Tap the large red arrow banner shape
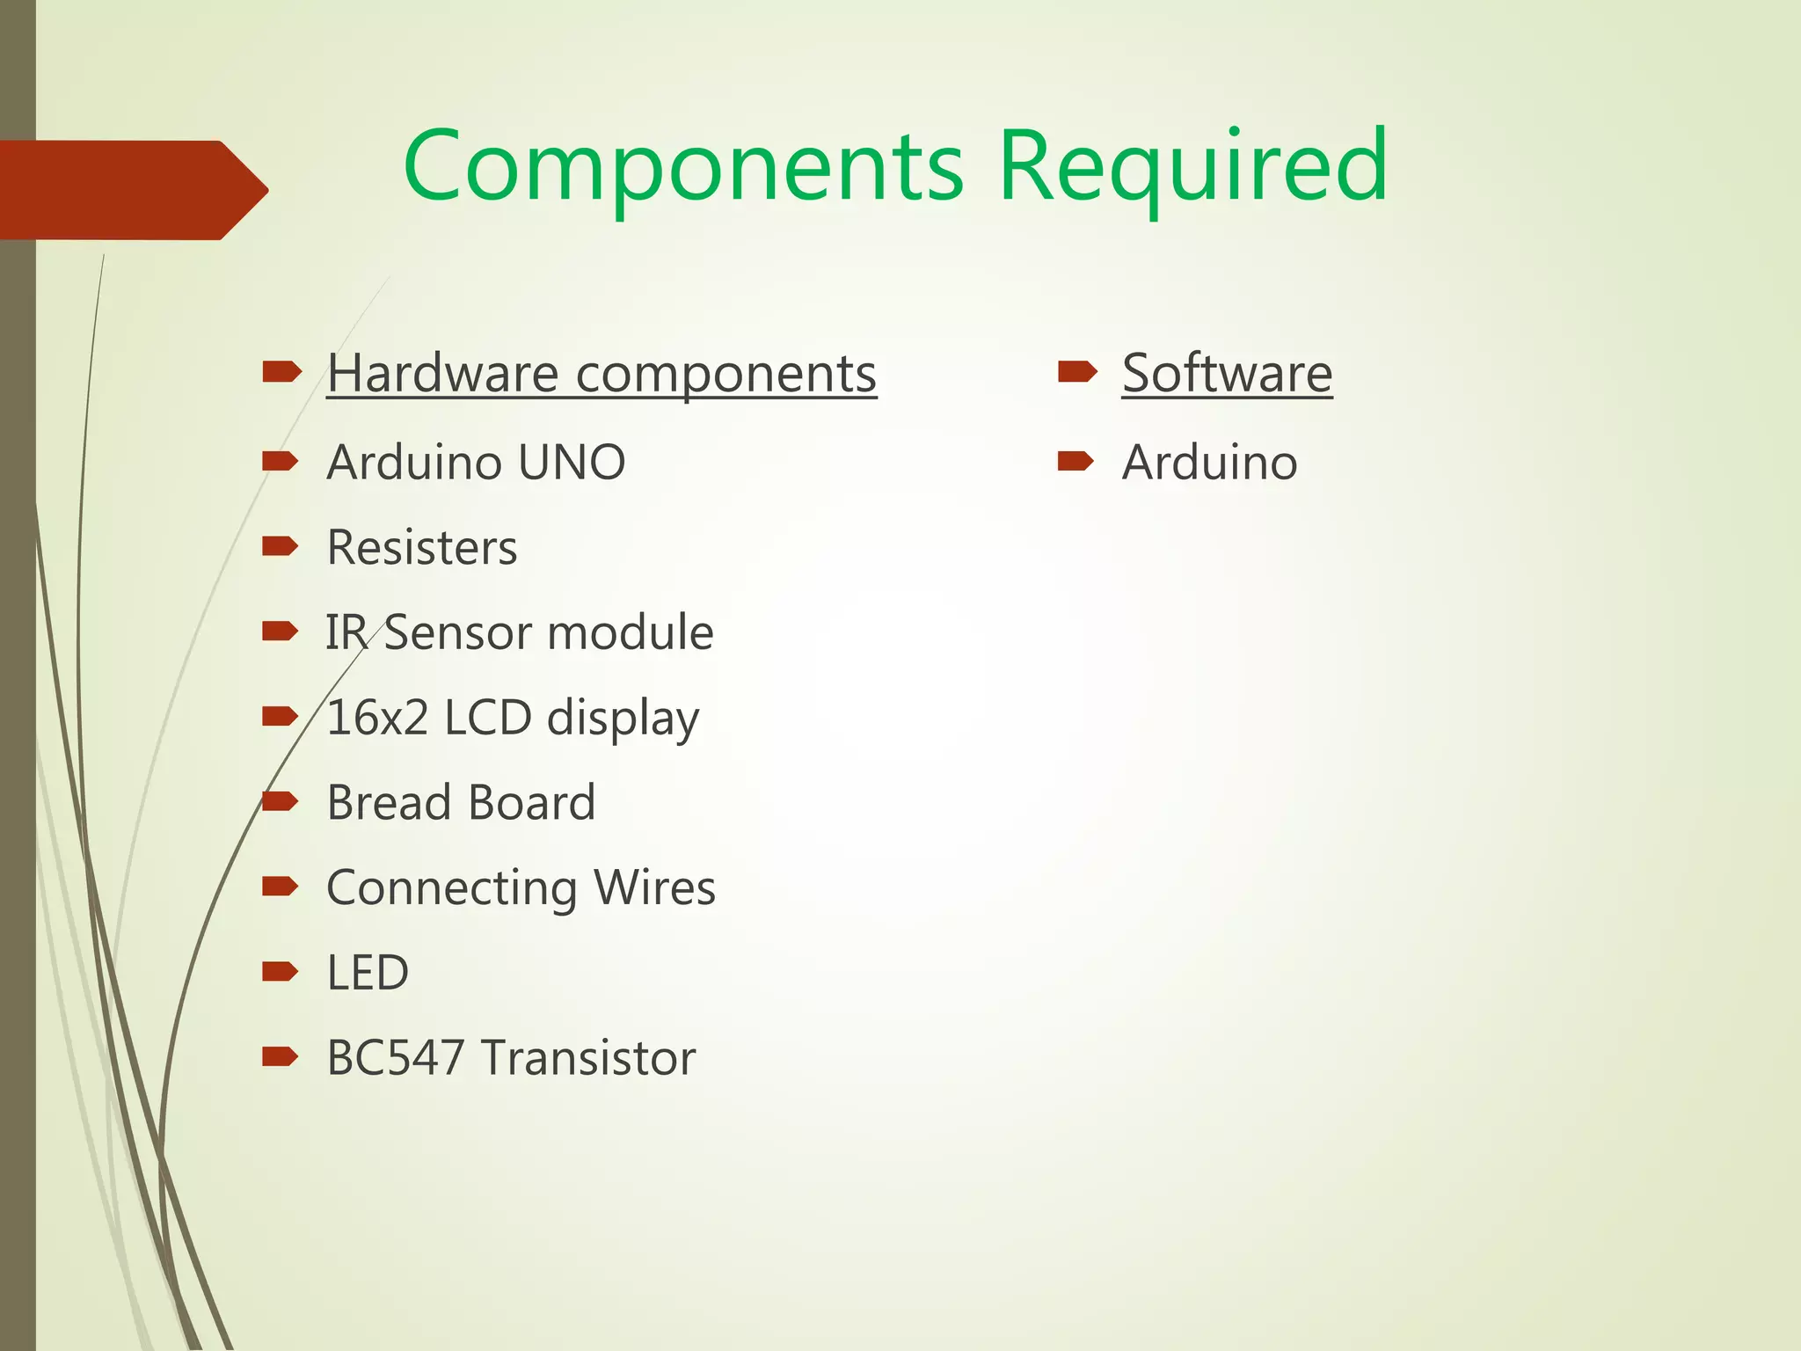(x=132, y=190)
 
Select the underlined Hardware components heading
(x=602, y=374)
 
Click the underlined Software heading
(x=1227, y=374)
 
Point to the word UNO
(x=572, y=463)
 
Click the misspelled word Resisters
(x=422, y=548)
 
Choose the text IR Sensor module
(x=519, y=633)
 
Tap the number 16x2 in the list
(x=377, y=718)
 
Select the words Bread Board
(x=461, y=803)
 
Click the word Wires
(x=654, y=887)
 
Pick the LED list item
(x=368, y=973)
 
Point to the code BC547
(x=395, y=1058)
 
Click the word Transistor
(x=588, y=1058)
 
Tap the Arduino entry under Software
(x=1209, y=463)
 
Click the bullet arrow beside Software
(x=1076, y=372)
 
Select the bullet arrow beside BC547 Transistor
(x=281, y=1056)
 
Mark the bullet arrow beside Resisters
(x=281, y=546)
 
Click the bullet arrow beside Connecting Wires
(x=281, y=886)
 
